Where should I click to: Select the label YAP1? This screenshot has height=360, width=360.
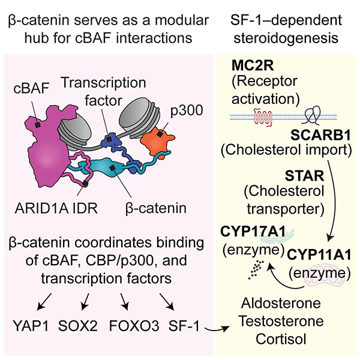(31, 326)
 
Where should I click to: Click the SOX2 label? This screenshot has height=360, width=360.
(78, 326)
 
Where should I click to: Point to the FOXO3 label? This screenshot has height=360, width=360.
(134, 326)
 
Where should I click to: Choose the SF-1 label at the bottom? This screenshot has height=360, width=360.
(184, 326)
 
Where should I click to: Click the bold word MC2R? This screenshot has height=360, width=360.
(253, 65)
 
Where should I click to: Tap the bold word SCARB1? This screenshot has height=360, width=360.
(321, 135)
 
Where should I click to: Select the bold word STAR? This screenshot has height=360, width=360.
(304, 176)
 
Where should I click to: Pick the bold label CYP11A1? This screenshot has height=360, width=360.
(319, 254)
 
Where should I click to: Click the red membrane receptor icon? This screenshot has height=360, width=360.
(263, 117)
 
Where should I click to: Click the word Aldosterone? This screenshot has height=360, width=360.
(281, 303)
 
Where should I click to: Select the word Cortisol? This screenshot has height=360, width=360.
(281, 339)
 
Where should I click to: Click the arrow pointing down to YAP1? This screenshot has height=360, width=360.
(44, 301)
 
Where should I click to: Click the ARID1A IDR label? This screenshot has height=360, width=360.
(56, 208)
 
